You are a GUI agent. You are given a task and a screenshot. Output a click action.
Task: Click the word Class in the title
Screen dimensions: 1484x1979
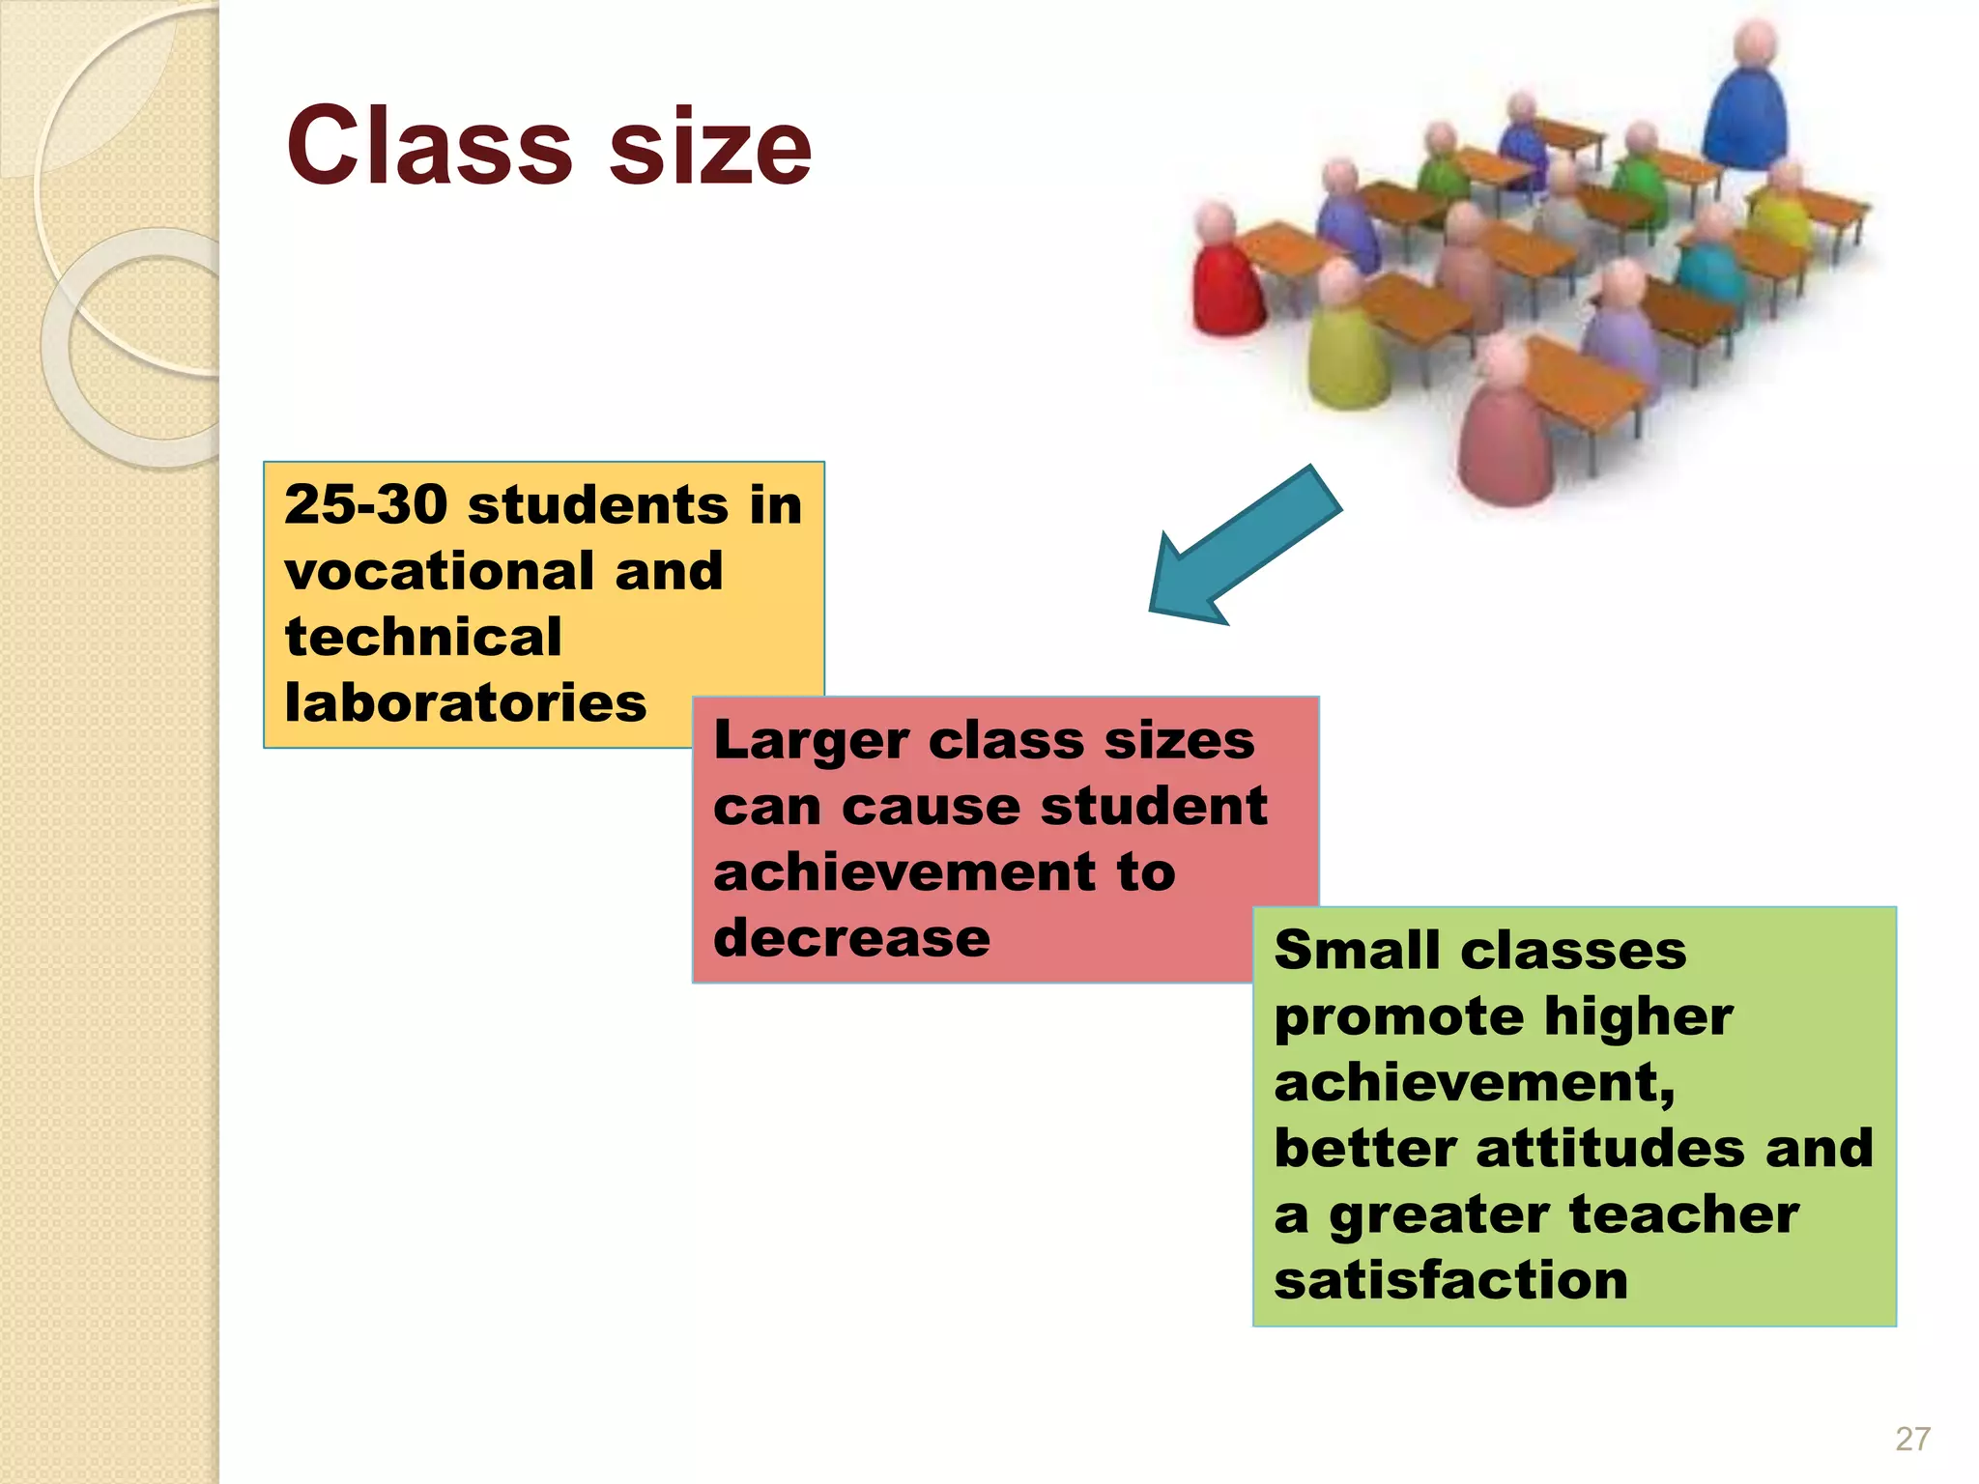430,147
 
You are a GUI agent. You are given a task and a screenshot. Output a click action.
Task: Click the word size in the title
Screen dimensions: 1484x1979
710,147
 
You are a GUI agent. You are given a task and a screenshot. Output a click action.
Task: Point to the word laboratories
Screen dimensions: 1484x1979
465,702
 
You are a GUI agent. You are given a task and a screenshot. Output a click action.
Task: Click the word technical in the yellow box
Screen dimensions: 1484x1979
423,637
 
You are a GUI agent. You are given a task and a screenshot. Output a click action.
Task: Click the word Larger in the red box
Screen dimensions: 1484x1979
810,741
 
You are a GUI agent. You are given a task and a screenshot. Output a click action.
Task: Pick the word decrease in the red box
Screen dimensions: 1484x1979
851,938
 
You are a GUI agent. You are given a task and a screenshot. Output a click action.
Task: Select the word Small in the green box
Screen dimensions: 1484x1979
1358,951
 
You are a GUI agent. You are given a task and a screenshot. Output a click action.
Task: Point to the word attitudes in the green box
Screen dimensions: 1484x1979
1610,1149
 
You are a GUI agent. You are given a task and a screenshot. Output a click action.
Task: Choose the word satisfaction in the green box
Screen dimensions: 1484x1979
1450,1280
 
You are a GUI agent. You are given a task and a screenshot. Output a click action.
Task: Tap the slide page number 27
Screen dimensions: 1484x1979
1912,1439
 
